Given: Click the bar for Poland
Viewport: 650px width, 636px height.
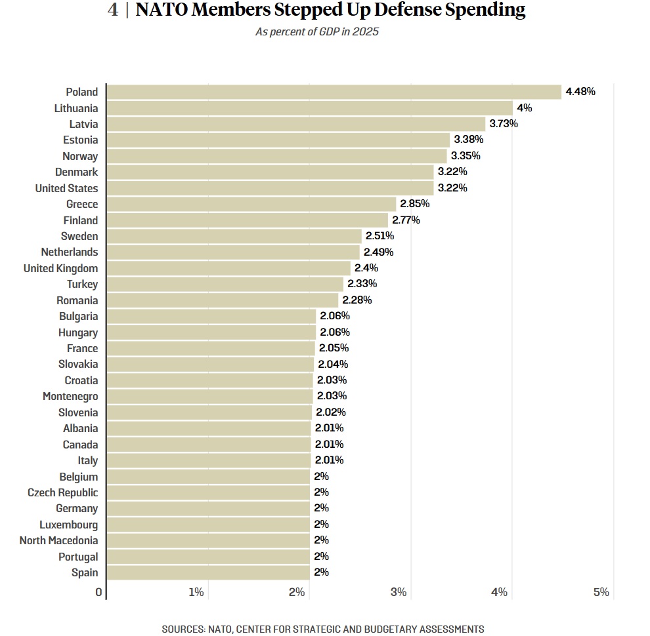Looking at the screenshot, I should [334, 92].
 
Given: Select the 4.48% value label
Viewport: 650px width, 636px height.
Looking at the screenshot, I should [580, 92].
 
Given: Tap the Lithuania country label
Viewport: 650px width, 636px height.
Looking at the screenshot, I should [76, 108].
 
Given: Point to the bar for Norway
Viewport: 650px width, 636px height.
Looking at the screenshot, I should [276, 156].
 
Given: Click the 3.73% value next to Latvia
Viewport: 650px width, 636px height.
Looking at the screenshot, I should [504, 124].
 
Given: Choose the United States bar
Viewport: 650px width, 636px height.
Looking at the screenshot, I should [269, 188].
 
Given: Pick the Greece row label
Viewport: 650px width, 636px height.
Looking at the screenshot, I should [82, 205].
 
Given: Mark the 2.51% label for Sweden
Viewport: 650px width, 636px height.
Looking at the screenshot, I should [379, 236].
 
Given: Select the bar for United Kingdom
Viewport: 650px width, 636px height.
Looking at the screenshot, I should [228, 268].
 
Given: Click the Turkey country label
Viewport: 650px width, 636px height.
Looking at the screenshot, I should [82, 285].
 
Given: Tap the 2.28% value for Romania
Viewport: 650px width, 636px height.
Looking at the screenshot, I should [357, 300].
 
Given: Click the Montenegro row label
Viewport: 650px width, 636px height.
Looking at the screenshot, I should [70, 397].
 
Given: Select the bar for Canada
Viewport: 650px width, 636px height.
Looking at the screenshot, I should [208, 445].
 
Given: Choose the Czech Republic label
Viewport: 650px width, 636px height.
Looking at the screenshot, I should [62, 492].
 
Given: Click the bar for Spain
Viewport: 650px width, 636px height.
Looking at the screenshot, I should [207, 572].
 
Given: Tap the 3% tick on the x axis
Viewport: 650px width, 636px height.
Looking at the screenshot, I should [399, 593].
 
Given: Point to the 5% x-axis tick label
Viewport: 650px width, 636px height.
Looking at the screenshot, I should [601, 593].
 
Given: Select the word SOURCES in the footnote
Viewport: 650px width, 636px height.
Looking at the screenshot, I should [183, 629].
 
